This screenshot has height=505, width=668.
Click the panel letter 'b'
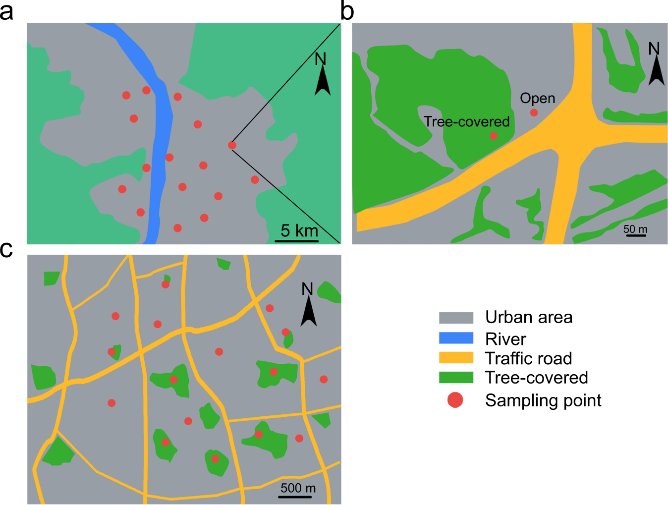tap(347, 11)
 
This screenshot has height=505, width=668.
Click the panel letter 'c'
tap(6, 250)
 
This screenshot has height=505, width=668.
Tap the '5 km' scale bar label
tap(299, 230)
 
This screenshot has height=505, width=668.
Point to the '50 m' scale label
tap(635, 229)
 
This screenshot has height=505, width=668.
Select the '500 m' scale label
tap(298, 488)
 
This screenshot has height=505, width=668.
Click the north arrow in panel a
tap(322, 79)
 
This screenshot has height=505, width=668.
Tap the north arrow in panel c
tap(309, 310)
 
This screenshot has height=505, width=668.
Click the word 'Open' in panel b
tap(537, 98)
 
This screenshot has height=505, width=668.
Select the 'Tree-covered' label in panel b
tap(466, 121)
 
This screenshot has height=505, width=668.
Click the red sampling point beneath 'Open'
tap(534, 112)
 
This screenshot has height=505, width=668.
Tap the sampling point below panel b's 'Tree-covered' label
tap(493, 136)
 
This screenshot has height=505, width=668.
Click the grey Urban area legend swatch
tap(456, 318)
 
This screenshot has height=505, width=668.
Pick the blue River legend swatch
tap(456, 338)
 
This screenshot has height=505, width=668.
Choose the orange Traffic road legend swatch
tap(456, 358)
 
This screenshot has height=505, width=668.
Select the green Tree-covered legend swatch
tap(456, 378)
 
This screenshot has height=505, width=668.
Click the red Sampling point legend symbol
tap(455, 400)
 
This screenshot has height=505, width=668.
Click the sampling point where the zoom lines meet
tap(232, 145)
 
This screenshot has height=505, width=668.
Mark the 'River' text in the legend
tap(505, 339)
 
